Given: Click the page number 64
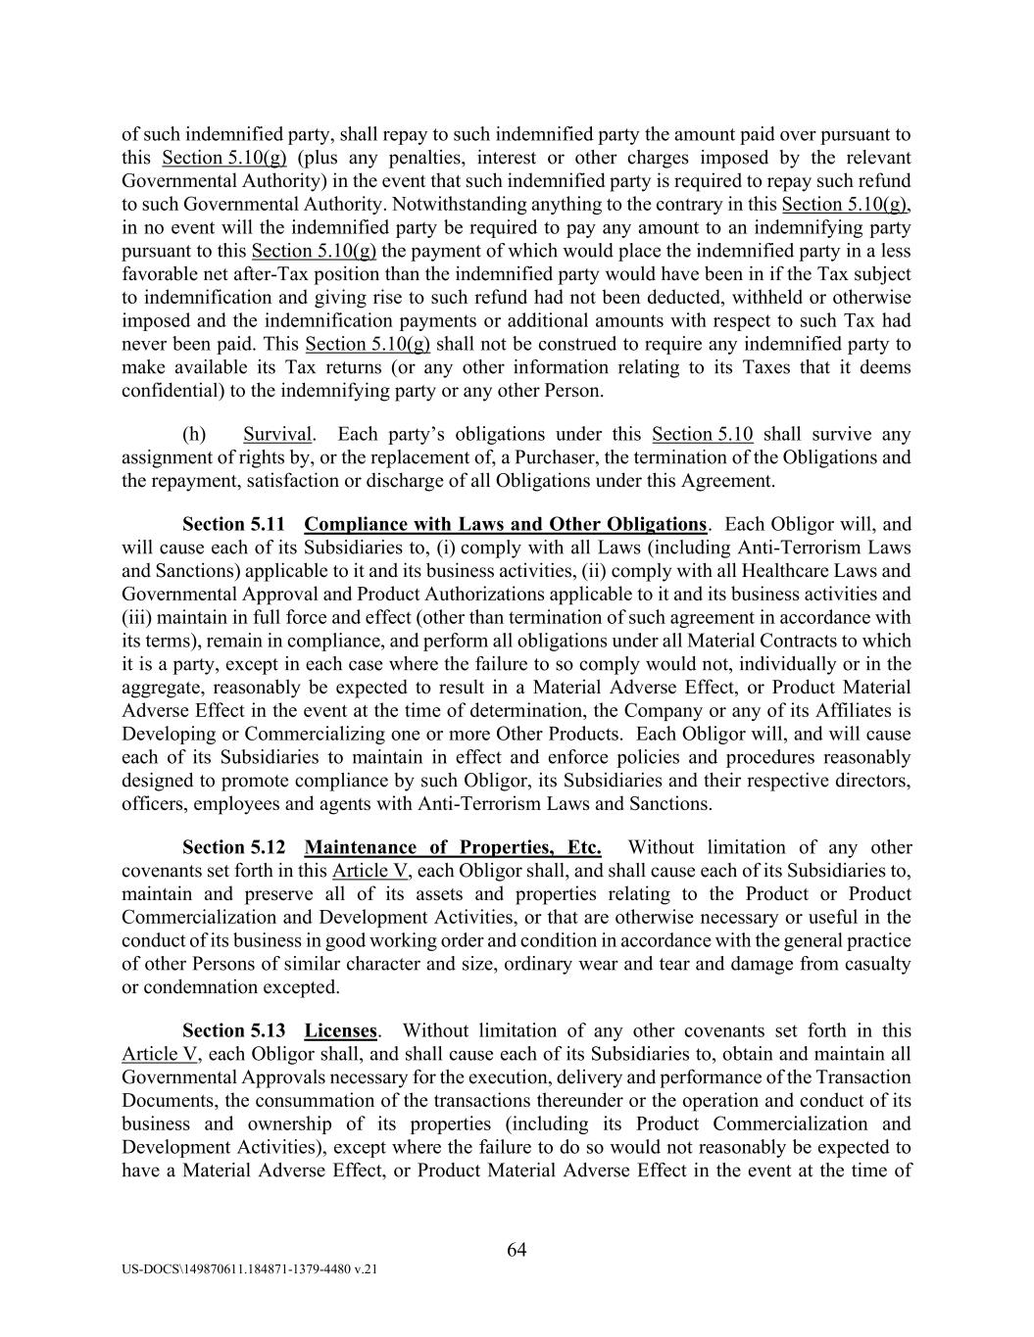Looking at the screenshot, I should [x=517, y=1250].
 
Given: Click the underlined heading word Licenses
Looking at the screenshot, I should [x=340, y=1030].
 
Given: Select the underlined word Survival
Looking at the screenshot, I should [x=277, y=434].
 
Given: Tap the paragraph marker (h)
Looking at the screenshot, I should [x=194, y=434].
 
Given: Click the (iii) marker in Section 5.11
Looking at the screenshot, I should [x=135, y=617].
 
